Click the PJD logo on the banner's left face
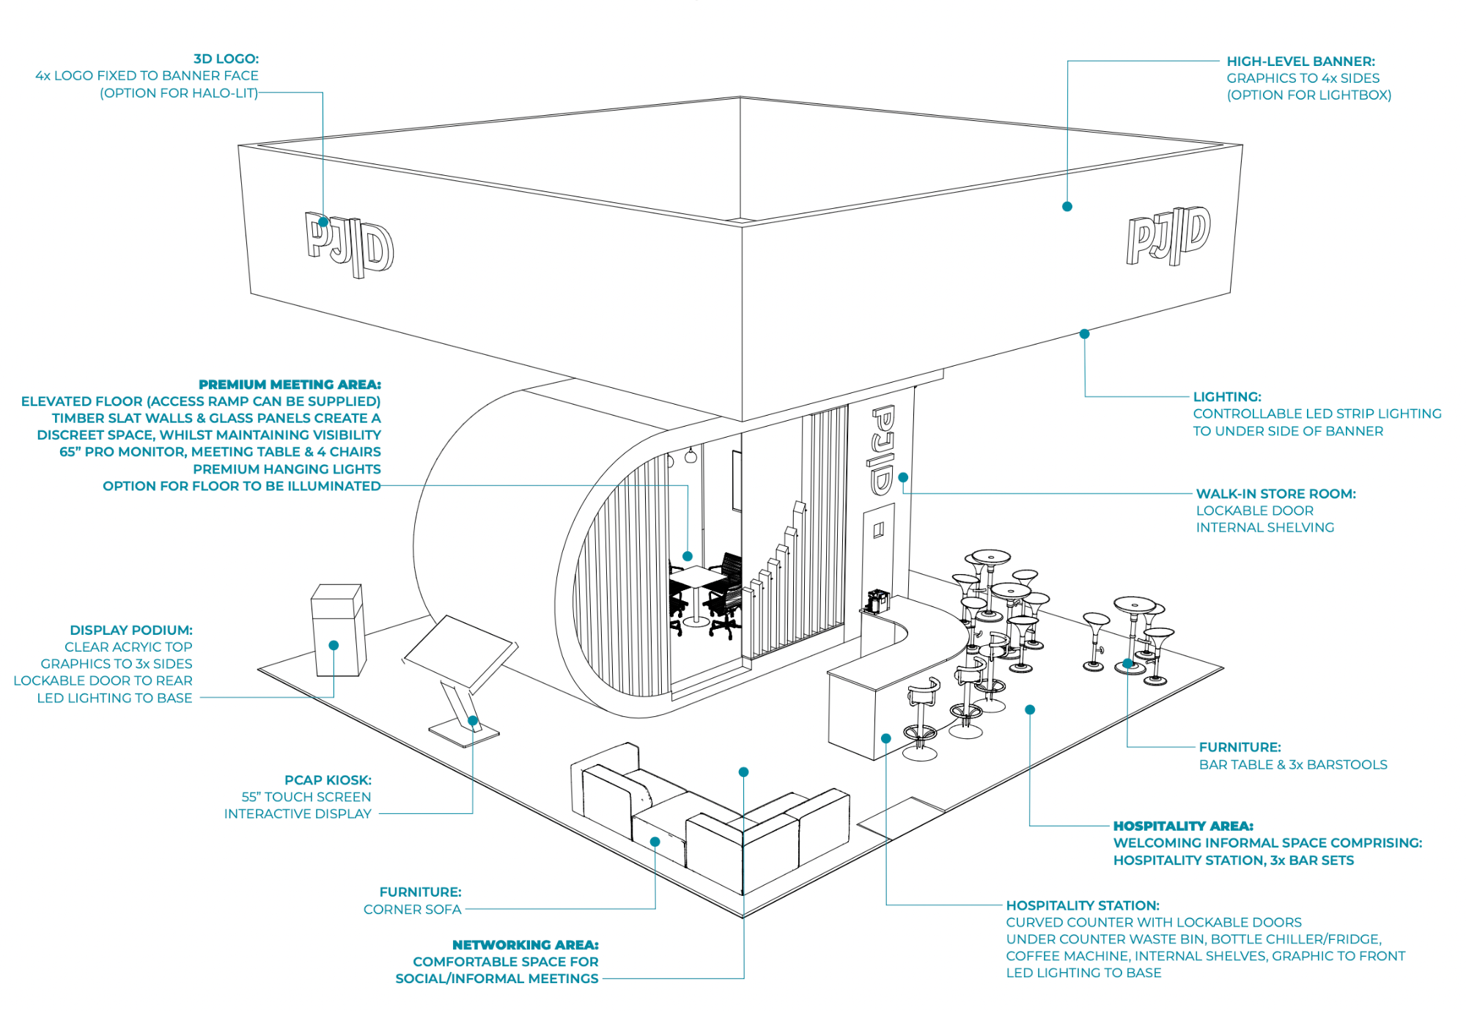click(350, 244)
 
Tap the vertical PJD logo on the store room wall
click(882, 449)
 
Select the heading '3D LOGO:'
click(226, 59)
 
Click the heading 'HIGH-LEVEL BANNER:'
click(1300, 62)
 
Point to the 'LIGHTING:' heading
click(1226, 397)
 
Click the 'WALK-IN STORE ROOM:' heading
click(1275, 493)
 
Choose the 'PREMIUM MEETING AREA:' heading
click(290, 384)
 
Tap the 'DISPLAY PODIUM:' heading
click(130, 630)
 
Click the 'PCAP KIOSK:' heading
click(328, 780)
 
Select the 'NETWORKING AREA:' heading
click(525, 945)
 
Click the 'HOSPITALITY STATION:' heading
click(1082, 905)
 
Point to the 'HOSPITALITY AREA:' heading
click(1182, 826)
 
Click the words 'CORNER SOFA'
click(412, 909)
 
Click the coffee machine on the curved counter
click(877, 600)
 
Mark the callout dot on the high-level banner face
click(1067, 207)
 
